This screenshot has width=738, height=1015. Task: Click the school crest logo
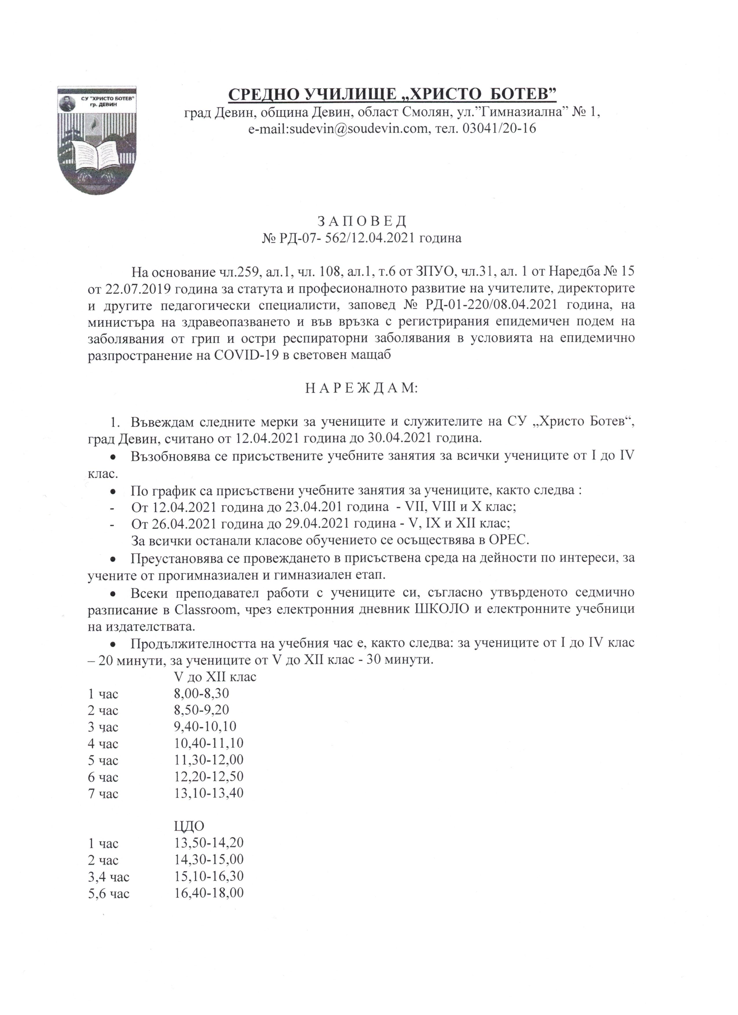[97, 140]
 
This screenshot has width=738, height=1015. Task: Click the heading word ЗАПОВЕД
[361, 221]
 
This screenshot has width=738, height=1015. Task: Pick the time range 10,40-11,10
[209, 743]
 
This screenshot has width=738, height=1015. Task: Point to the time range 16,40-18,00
[209, 893]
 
